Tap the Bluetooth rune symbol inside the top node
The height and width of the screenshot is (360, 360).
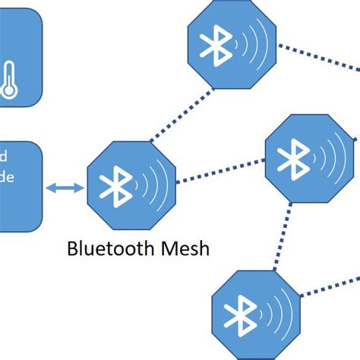(x=213, y=45)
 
